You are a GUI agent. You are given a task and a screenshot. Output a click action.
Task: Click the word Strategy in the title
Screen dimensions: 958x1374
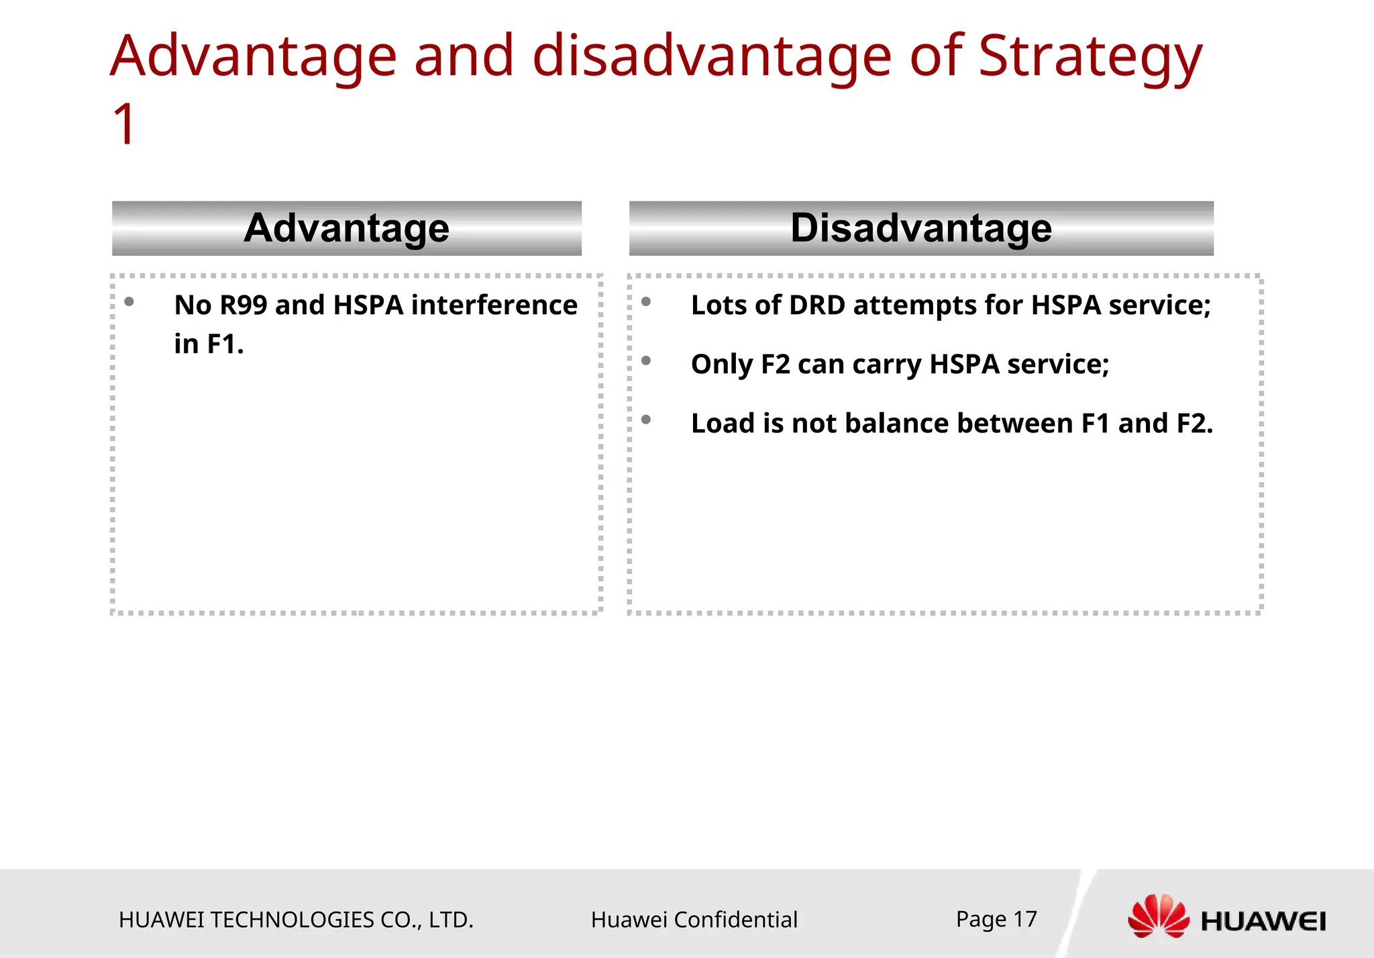click(1090, 57)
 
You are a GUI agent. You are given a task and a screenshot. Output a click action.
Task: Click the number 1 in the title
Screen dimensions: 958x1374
click(125, 124)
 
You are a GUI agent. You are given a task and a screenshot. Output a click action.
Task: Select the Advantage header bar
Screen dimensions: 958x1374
click(346, 228)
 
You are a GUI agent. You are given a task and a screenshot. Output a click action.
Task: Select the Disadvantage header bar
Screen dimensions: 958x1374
click(920, 228)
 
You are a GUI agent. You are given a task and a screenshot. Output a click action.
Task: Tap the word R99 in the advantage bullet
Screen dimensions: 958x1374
click(244, 305)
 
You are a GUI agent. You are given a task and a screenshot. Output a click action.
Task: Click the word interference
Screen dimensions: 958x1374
click(494, 305)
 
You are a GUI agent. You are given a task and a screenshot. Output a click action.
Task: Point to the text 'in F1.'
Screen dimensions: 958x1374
click(209, 344)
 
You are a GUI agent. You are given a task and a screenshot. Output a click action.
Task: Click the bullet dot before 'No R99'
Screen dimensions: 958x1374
click(129, 302)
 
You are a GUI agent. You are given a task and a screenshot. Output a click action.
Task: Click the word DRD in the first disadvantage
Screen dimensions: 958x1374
click(816, 305)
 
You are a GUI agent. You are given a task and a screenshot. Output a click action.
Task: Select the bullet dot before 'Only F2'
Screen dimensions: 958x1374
click(646, 361)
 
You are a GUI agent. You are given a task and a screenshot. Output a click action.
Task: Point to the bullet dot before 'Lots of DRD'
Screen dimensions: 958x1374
click(646, 302)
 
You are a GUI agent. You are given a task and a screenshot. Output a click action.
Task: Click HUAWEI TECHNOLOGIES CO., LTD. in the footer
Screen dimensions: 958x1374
click(296, 920)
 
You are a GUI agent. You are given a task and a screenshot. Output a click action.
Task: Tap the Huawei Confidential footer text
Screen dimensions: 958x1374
click(694, 920)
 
